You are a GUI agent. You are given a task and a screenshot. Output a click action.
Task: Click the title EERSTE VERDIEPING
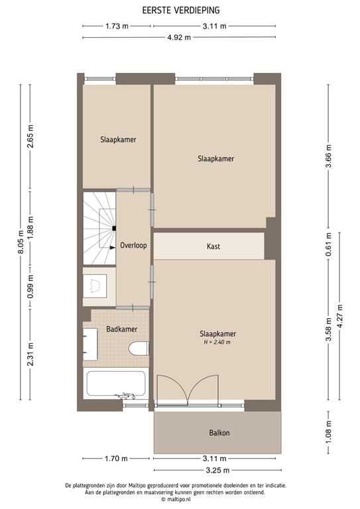point(180,11)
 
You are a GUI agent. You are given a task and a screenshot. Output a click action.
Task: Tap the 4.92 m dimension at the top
point(179,37)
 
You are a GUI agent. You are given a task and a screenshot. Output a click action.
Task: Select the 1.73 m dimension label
point(117,27)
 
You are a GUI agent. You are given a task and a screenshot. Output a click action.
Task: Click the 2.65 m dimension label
point(31,137)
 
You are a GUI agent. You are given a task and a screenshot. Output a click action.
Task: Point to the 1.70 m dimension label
point(117,459)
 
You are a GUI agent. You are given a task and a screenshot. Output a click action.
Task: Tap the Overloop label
point(133,245)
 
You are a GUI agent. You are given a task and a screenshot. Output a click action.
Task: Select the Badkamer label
point(122,329)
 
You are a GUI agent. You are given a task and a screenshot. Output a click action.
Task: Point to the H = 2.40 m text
point(218,342)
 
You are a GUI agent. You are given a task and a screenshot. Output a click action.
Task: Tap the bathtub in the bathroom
point(116,382)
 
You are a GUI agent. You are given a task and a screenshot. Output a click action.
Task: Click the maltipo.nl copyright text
point(180,502)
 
